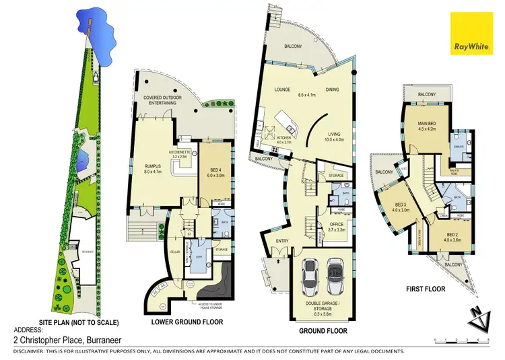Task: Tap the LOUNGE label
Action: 281,89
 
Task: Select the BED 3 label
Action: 402,207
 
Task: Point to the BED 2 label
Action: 452,236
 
